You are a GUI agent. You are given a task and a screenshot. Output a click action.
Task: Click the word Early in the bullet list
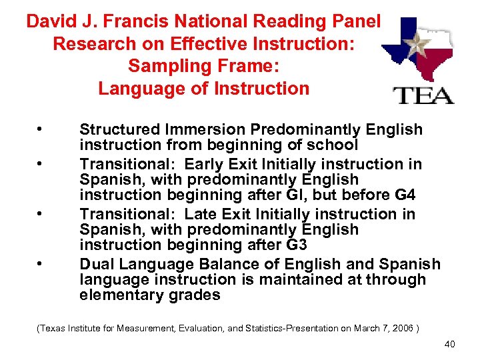(x=205, y=163)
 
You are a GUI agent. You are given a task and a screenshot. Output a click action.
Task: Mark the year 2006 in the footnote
(x=399, y=328)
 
